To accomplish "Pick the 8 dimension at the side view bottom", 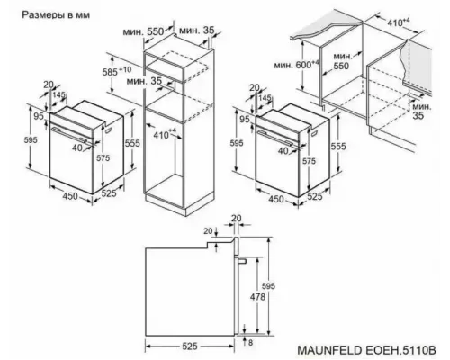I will (x=251, y=342).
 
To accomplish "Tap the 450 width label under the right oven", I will (x=265, y=199).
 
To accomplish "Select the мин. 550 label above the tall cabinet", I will (x=144, y=31).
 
